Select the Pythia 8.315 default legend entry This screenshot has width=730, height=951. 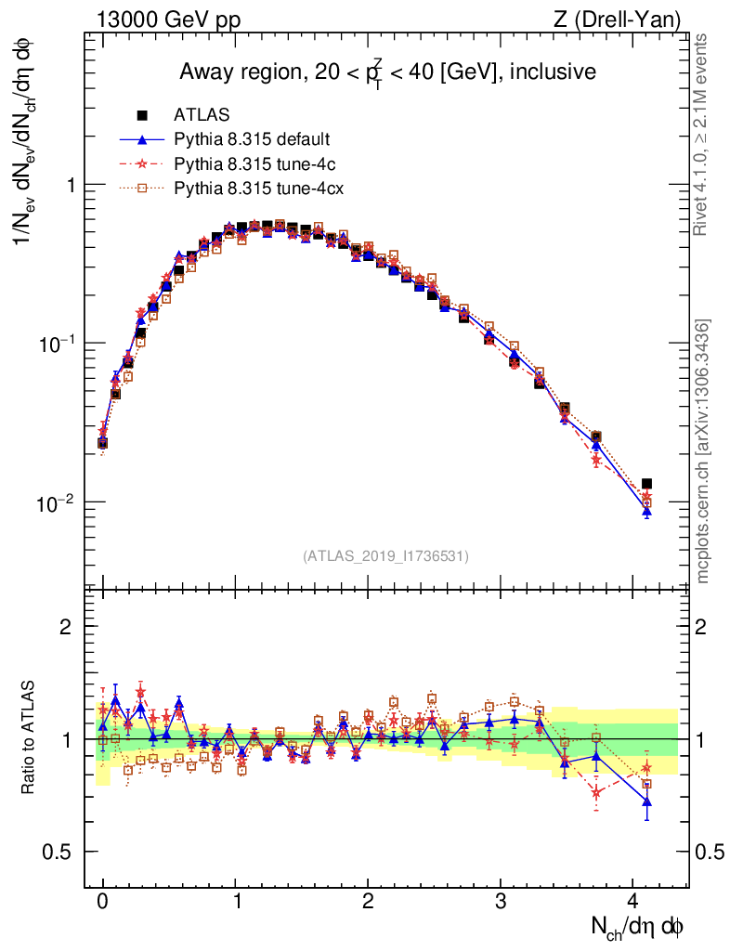pyautogui.click(x=251, y=140)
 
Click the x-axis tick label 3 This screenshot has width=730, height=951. pyautogui.click(x=501, y=902)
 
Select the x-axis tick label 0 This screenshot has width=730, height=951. pyautogui.click(x=102, y=902)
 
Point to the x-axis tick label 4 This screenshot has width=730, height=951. pyautogui.click(x=633, y=902)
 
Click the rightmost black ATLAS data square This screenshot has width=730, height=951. pyautogui.click(x=646, y=484)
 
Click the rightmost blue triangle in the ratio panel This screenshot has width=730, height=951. pyautogui.click(x=646, y=801)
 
